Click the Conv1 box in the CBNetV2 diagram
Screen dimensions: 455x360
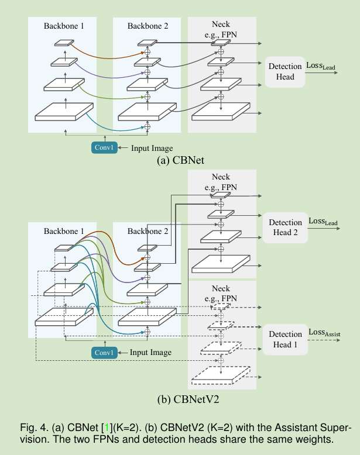tap(104, 352)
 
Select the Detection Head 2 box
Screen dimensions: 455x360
tap(285, 227)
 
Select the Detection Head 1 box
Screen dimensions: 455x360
tap(285, 339)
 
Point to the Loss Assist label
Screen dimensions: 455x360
tap(324, 333)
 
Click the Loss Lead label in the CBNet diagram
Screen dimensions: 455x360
tap(321, 66)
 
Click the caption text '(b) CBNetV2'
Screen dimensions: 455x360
tap(180, 400)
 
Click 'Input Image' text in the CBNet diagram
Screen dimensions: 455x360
tap(152, 149)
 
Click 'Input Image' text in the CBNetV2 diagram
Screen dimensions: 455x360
tap(151, 353)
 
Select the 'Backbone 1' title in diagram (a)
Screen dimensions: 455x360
tap(64, 26)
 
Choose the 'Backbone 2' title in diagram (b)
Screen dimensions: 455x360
tap(148, 231)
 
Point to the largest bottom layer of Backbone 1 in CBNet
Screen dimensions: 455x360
tap(64, 111)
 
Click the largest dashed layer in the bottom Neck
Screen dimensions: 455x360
tap(222, 375)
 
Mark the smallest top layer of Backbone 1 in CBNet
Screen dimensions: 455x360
tap(64, 43)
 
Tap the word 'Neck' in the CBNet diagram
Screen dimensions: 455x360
tap(221, 24)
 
